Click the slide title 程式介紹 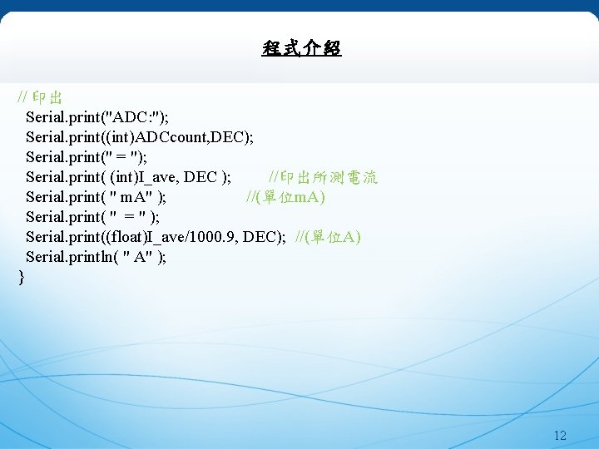301,49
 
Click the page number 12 559,436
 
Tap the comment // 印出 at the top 41,96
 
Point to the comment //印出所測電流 323,176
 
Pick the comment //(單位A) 329,236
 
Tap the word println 92,256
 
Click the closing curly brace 22,277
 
